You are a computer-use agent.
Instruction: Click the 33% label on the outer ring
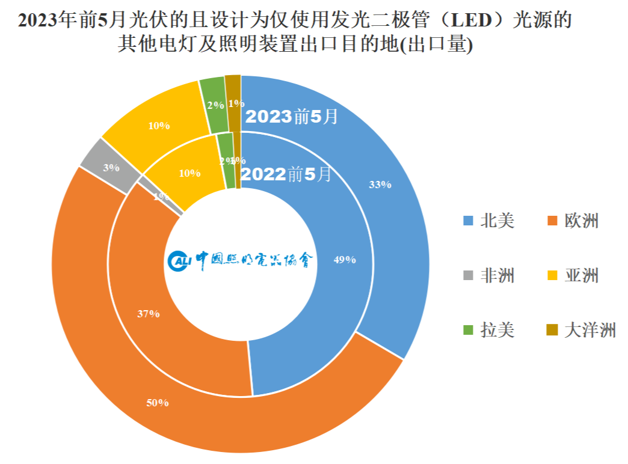(380, 185)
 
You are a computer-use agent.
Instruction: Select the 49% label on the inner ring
(345, 260)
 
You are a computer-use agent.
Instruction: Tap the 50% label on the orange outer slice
(158, 403)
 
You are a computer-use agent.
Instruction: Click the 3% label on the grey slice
(111, 168)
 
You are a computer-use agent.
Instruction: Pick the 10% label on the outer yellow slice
(159, 126)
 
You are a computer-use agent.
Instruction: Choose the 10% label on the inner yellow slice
(189, 172)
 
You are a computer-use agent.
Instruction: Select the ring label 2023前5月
(292, 116)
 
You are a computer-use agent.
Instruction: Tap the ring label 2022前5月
(286, 174)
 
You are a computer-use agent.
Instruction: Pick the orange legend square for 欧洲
(552, 221)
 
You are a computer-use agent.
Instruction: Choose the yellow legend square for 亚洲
(552, 276)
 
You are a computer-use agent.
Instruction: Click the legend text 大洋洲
(590, 330)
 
